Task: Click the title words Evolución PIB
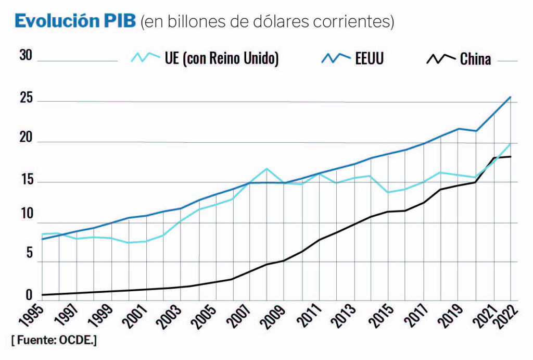(75, 21)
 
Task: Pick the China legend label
(475, 59)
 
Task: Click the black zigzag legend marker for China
(440, 58)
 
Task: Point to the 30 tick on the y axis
(26, 56)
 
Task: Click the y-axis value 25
(26, 98)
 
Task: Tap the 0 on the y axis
(29, 295)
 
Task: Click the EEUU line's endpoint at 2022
(511, 97)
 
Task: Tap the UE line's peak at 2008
(266, 169)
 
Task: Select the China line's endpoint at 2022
(511, 156)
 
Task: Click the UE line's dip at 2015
(387, 192)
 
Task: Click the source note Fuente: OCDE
(54, 340)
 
